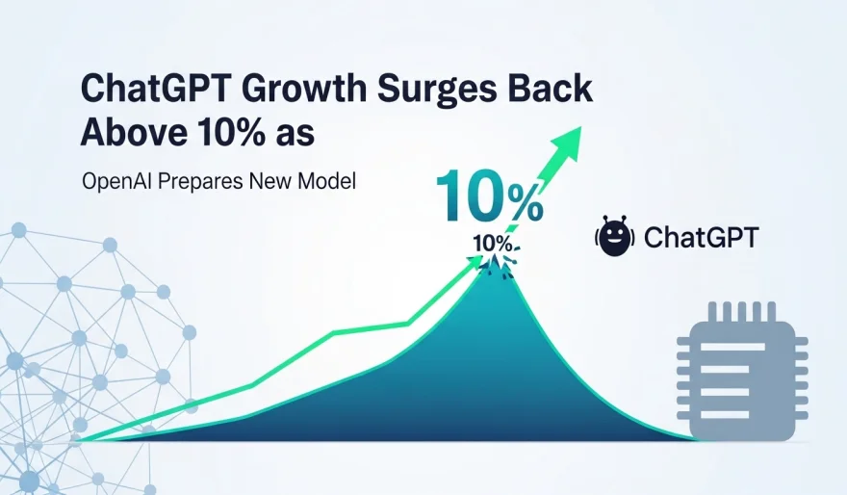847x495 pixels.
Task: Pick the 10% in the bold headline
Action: (x=225, y=133)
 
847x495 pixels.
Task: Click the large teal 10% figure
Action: (x=489, y=196)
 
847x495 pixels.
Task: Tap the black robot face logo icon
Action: (x=615, y=237)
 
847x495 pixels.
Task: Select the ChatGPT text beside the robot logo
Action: (x=700, y=237)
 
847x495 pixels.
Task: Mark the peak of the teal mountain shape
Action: (x=495, y=257)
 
